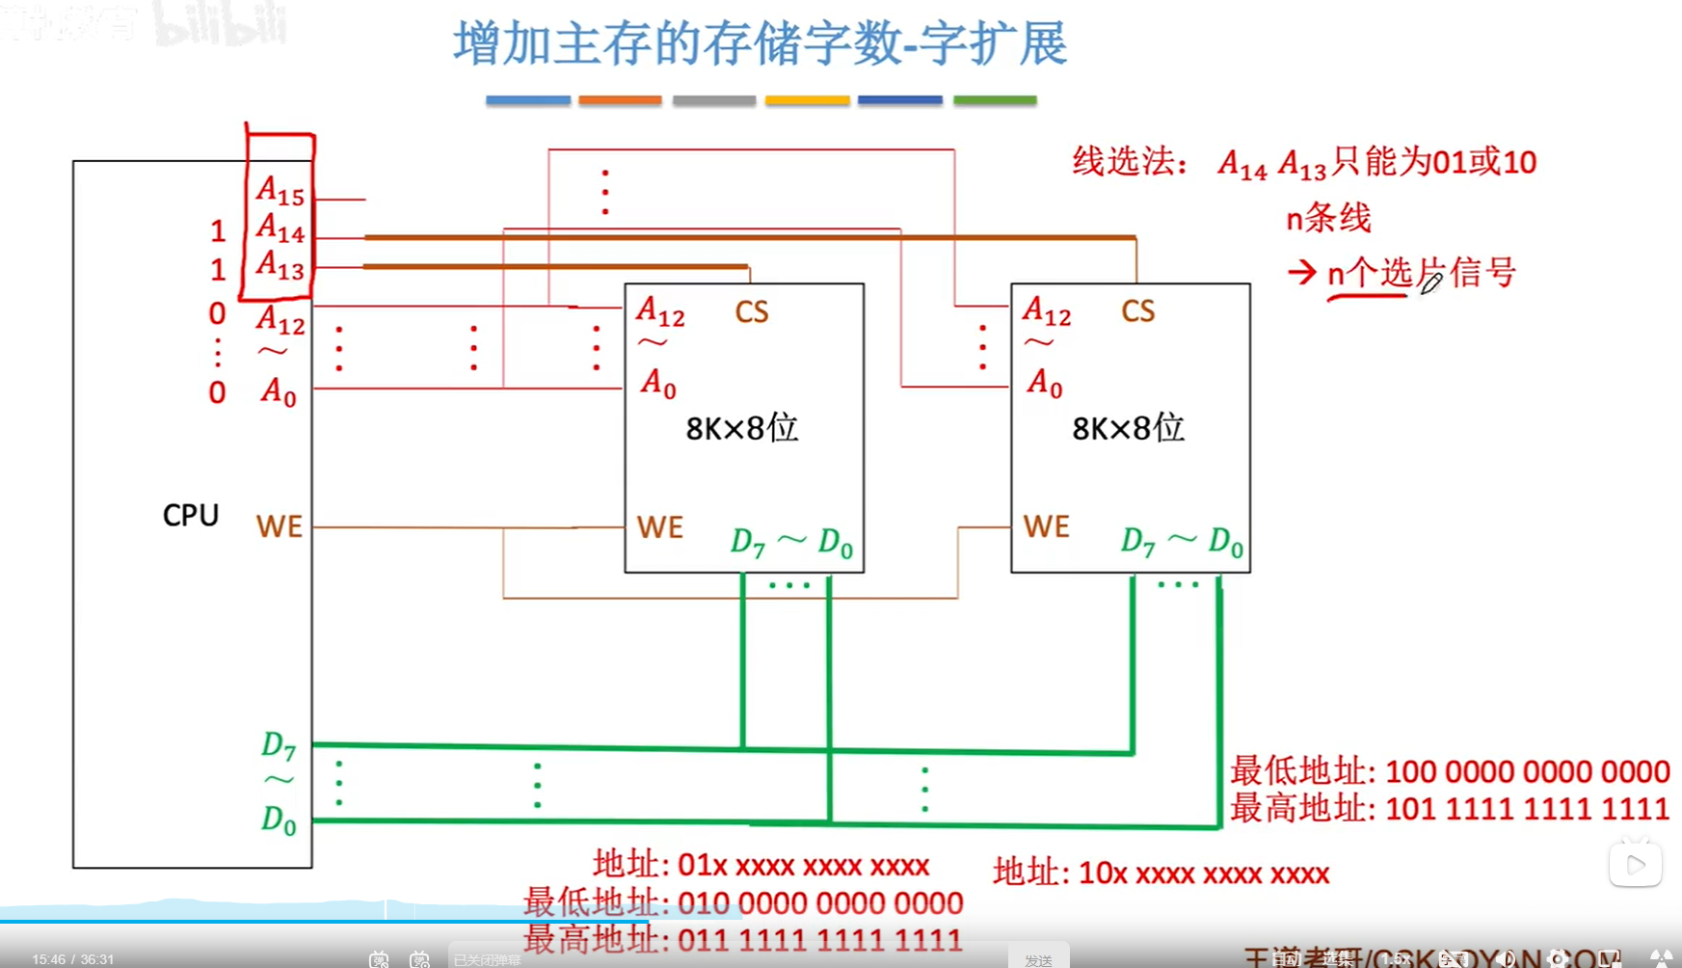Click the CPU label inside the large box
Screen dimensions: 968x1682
pos(191,515)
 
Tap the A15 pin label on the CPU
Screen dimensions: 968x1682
pos(280,191)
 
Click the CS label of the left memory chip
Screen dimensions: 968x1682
pos(752,311)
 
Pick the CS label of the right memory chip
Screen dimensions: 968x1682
pos(1137,310)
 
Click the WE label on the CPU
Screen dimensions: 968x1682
pos(280,526)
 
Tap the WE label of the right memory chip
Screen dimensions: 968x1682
pos(1047,526)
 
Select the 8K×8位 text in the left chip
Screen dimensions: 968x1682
pos(742,427)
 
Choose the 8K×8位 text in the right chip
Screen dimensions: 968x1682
pos(1128,427)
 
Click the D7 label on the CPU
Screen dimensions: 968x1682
pos(278,745)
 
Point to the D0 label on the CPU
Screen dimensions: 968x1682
pos(278,820)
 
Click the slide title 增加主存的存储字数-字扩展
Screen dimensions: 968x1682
pos(761,44)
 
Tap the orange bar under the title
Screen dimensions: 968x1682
pos(620,99)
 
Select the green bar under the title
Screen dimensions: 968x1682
pos(995,99)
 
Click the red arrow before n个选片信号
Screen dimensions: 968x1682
pos(1302,273)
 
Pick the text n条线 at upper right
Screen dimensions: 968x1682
pos(1328,218)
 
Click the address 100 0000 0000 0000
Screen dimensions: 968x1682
pos(1527,771)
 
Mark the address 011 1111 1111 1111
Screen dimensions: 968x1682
pos(819,939)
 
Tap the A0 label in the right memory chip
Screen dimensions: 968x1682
pos(1044,384)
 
